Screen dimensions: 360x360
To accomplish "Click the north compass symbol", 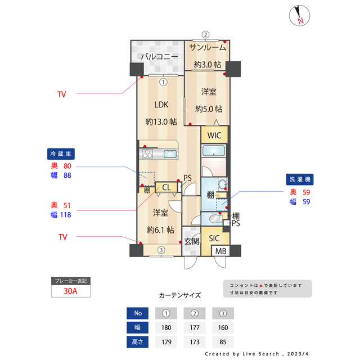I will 299,16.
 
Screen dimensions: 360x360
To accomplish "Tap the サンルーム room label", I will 208,48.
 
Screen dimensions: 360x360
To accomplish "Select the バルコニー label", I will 159,57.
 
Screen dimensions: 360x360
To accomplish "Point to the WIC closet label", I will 214,136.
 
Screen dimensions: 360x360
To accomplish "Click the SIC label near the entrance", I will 214,238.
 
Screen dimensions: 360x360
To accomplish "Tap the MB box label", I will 221,251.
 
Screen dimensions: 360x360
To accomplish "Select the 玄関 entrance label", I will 192,241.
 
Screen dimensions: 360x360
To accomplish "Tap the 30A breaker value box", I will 70,291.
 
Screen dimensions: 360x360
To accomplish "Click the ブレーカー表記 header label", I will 70,281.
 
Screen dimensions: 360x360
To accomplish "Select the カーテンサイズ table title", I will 180,295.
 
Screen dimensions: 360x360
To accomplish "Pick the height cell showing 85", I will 222,341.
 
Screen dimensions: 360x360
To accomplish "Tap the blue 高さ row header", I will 137,341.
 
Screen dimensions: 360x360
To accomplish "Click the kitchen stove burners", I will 148,154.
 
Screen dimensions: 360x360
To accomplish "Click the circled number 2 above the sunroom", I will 206,34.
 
